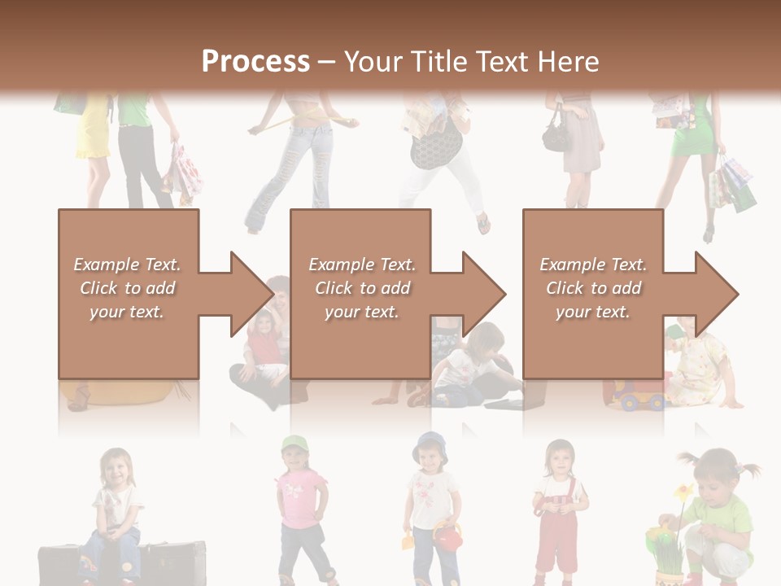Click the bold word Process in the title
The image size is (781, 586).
(255, 61)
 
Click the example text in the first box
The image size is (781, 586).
(128, 288)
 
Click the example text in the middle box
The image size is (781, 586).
(362, 288)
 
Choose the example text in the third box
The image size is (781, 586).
(593, 288)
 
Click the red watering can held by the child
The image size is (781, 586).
(447, 536)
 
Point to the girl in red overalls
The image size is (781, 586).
(560, 513)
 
